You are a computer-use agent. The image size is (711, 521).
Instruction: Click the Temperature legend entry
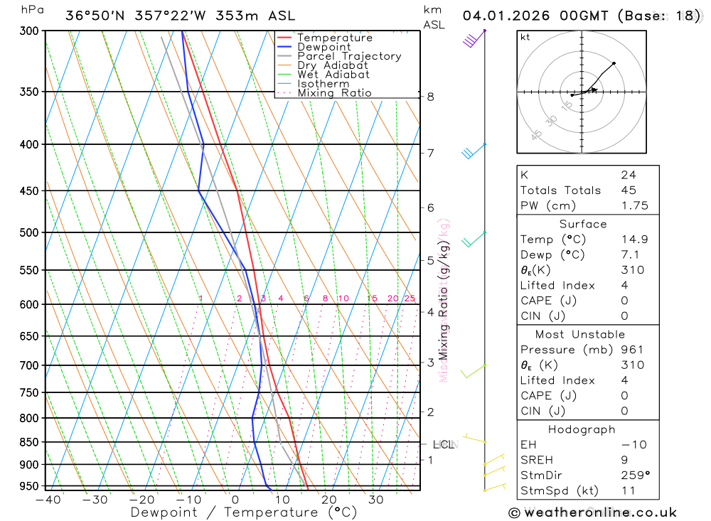pos(334,38)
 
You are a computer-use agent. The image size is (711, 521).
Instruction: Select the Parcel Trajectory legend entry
pos(348,56)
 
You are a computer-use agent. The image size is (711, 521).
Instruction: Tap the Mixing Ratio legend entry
pos(334,93)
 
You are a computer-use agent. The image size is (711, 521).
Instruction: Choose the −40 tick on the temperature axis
pos(48,500)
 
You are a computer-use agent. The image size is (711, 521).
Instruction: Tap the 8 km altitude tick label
pos(430,97)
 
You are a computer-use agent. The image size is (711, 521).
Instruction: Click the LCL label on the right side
pos(444,445)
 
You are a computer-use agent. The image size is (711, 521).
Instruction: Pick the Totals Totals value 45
pos(628,190)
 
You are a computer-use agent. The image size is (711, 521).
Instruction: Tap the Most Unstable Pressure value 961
pos(631,350)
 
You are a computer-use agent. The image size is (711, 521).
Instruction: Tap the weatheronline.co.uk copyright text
pos(592,512)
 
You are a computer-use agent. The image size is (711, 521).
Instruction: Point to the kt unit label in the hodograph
pos(525,37)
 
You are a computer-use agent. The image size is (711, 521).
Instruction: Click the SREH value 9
pos(624,460)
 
